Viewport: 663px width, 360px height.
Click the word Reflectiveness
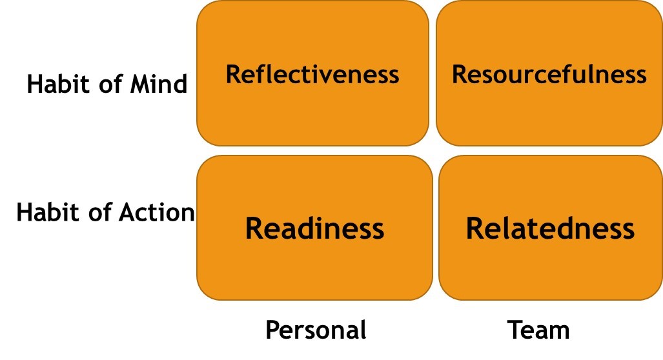tap(312, 75)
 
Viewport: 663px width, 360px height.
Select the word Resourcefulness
tap(549, 75)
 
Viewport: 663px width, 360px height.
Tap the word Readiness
tap(314, 228)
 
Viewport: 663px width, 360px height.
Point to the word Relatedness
tap(550, 228)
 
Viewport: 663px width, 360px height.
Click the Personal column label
tap(316, 330)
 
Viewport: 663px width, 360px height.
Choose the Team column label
tap(538, 330)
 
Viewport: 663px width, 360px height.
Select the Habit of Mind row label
tap(107, 85)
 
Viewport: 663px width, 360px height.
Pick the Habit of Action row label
tap(105, 212)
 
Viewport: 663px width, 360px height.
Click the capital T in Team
tap(514, 330)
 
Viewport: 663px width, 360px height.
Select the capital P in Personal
tap(272, 330)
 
